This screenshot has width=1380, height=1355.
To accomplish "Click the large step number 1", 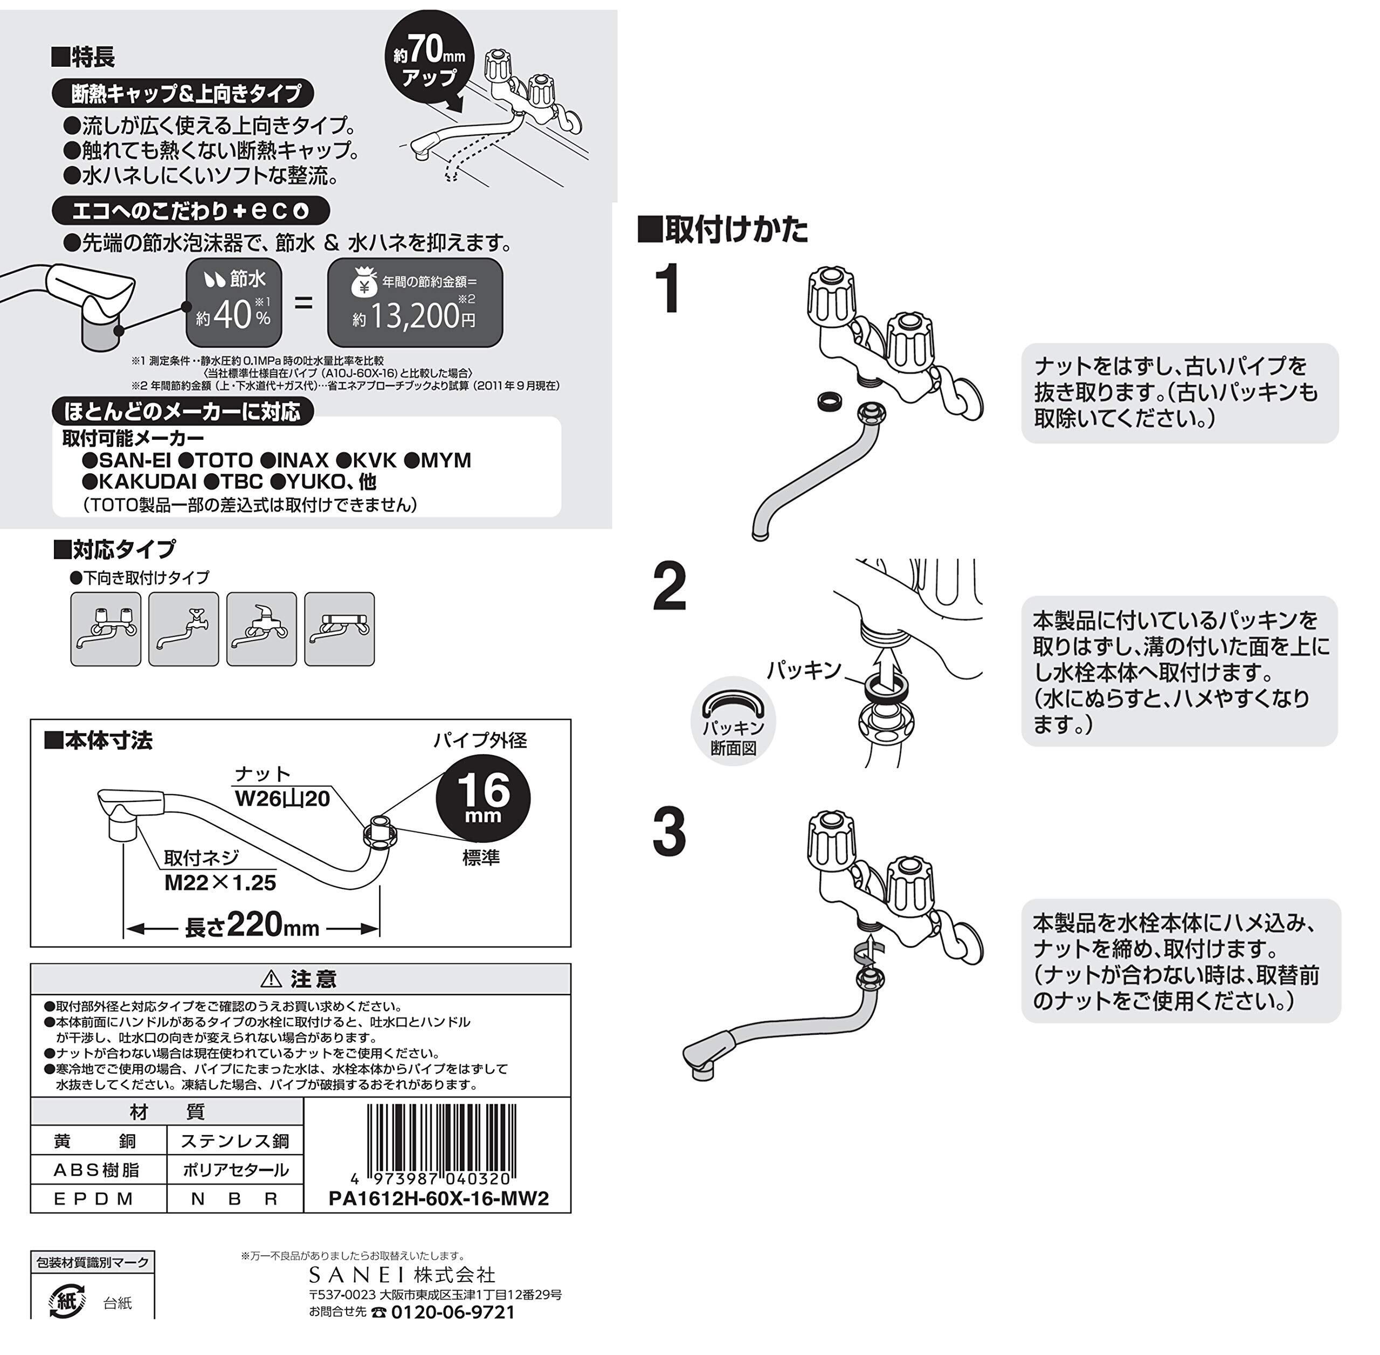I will pos(668,288).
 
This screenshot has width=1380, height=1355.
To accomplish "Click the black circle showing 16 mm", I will pos(482,797).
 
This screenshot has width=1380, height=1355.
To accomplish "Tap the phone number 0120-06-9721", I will pos(453,1311).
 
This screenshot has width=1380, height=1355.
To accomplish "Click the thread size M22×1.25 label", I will pos(220,882).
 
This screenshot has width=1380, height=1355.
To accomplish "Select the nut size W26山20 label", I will pos(282,798).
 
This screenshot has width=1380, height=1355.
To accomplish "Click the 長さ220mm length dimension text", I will pos(252,926).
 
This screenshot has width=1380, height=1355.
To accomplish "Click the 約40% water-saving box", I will pos(233,302).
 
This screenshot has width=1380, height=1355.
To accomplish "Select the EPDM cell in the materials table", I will pos(98,1199).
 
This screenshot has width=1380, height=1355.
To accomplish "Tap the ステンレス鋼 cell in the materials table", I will pos(235,1141).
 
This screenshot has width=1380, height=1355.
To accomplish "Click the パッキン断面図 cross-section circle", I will pos(733,720).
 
